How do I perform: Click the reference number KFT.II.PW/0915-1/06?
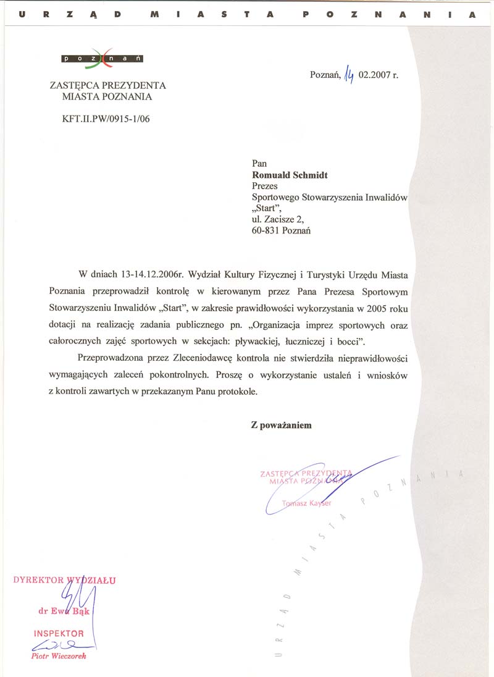click(102, 119)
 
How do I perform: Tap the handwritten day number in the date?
click(350, 76)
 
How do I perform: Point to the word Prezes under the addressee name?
click(265, 186)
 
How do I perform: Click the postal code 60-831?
click(266, 230)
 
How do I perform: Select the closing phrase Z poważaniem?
click(281, 425)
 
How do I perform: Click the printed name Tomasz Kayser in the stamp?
click(306, 503)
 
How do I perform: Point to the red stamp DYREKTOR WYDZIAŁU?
click(64, 580)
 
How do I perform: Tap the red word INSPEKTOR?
click(59, 634)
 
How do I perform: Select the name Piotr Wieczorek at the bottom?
click(59, 656)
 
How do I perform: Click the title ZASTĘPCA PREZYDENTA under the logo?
click(107, 86)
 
